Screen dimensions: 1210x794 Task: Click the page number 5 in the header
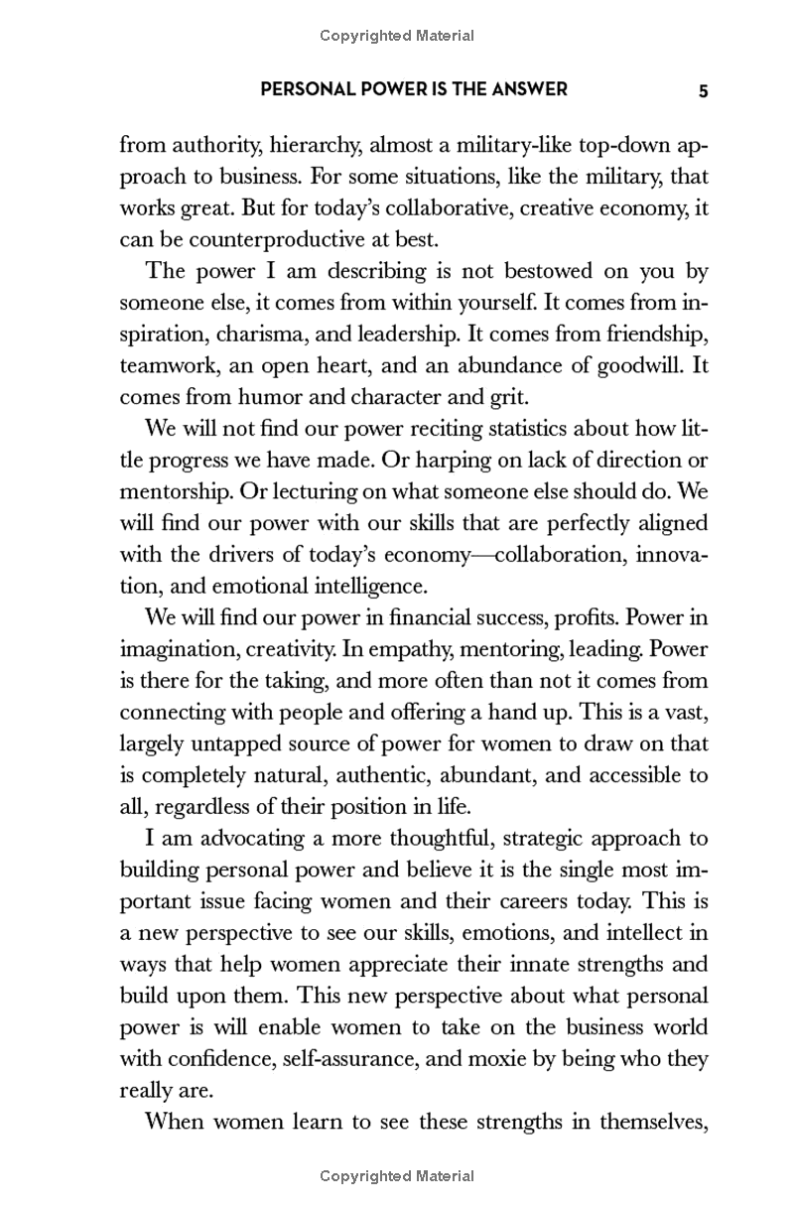pos(703,90)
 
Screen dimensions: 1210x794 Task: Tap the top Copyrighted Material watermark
pos(397,36)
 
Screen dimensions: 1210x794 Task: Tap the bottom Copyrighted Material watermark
pos(397,1176)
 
